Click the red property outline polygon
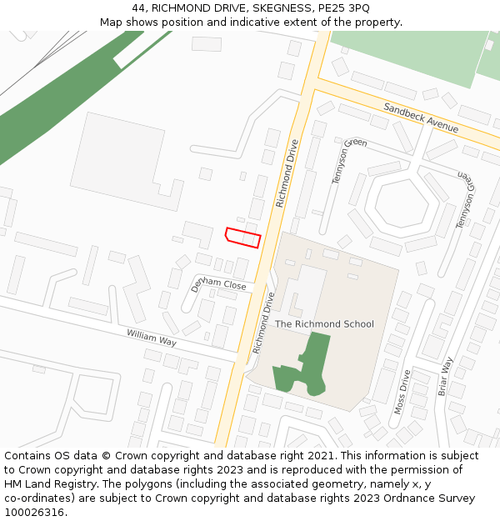tap(243, 237)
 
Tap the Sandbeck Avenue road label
tap(421, 118)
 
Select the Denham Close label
tap(218, 284)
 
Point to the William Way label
tap(152, 338)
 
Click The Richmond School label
tap(324, 324)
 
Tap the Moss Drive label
tap(401, 392)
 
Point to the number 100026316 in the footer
tap(32, 512)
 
